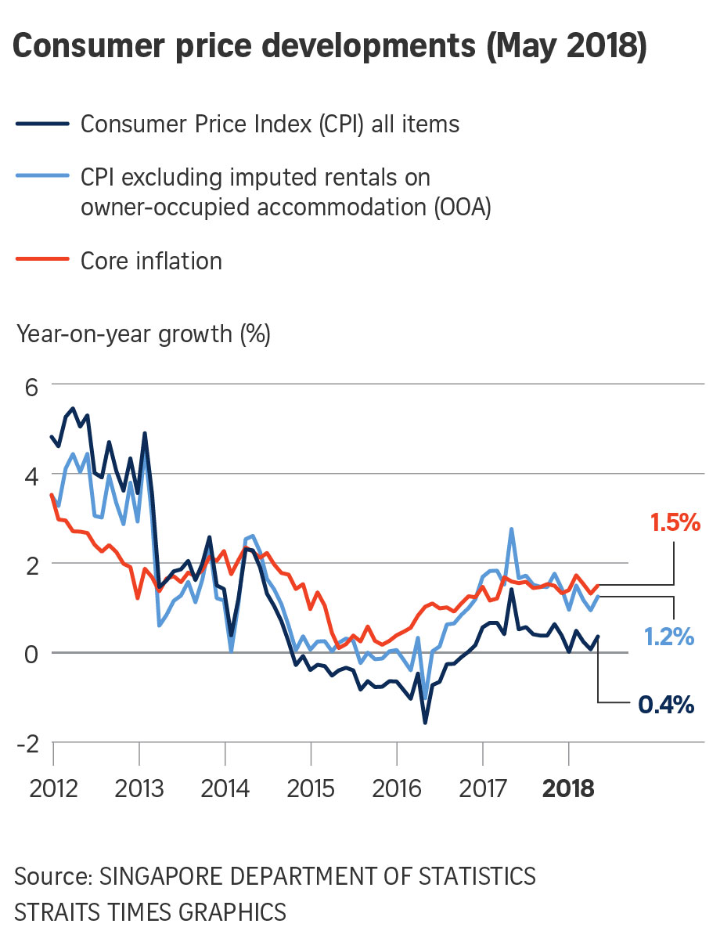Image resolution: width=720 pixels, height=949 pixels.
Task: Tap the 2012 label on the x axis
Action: pyautogui.click(x=54, y=788)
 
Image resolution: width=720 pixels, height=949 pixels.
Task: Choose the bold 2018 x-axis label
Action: pyautogui.click(x=568, y=788)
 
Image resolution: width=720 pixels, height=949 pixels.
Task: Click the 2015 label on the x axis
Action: pyautogui.click(x=311, y=788)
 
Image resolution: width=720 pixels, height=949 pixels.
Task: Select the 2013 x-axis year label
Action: pyautogui.click(x=139, y=788)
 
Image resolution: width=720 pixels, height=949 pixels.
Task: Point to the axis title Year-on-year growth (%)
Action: pyautogui.click(x=143, y=334)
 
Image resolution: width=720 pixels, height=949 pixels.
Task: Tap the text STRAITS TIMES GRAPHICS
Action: pyautogui.click(x=149, y=912)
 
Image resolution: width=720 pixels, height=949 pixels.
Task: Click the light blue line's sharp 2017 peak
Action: pyautogui.click(x=511, y=529)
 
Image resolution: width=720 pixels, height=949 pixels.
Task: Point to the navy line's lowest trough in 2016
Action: pyautogui.click(x=425, y=722)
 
